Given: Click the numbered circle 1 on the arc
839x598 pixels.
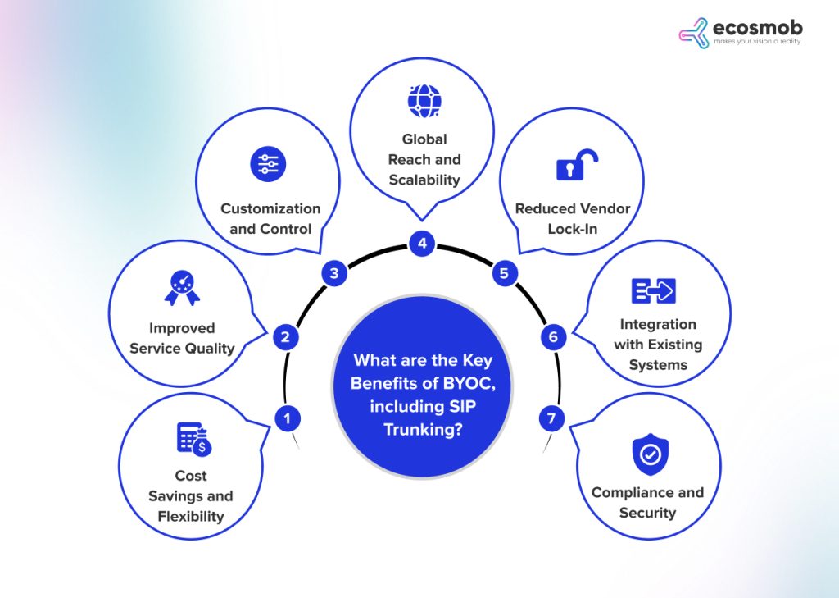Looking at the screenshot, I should (287, 418).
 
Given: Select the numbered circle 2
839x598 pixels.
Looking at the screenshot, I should (285, 336).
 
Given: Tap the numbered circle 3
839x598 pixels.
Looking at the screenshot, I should (334, 274).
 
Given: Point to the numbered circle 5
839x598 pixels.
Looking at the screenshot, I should (504, 274).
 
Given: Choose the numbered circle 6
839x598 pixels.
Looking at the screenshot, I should (553, 336).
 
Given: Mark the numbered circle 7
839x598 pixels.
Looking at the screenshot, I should (551, 419).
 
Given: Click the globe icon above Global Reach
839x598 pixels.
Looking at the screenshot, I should (424, 101).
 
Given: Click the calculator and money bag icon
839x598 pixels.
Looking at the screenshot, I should (195, 440).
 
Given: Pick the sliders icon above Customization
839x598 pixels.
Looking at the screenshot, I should (268, 165).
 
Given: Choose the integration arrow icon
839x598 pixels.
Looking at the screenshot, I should (653, 291).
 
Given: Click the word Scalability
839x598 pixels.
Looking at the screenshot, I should (424, 180).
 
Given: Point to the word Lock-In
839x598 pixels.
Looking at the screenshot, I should (573, 229).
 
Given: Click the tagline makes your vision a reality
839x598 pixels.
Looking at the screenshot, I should (756, 41).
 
